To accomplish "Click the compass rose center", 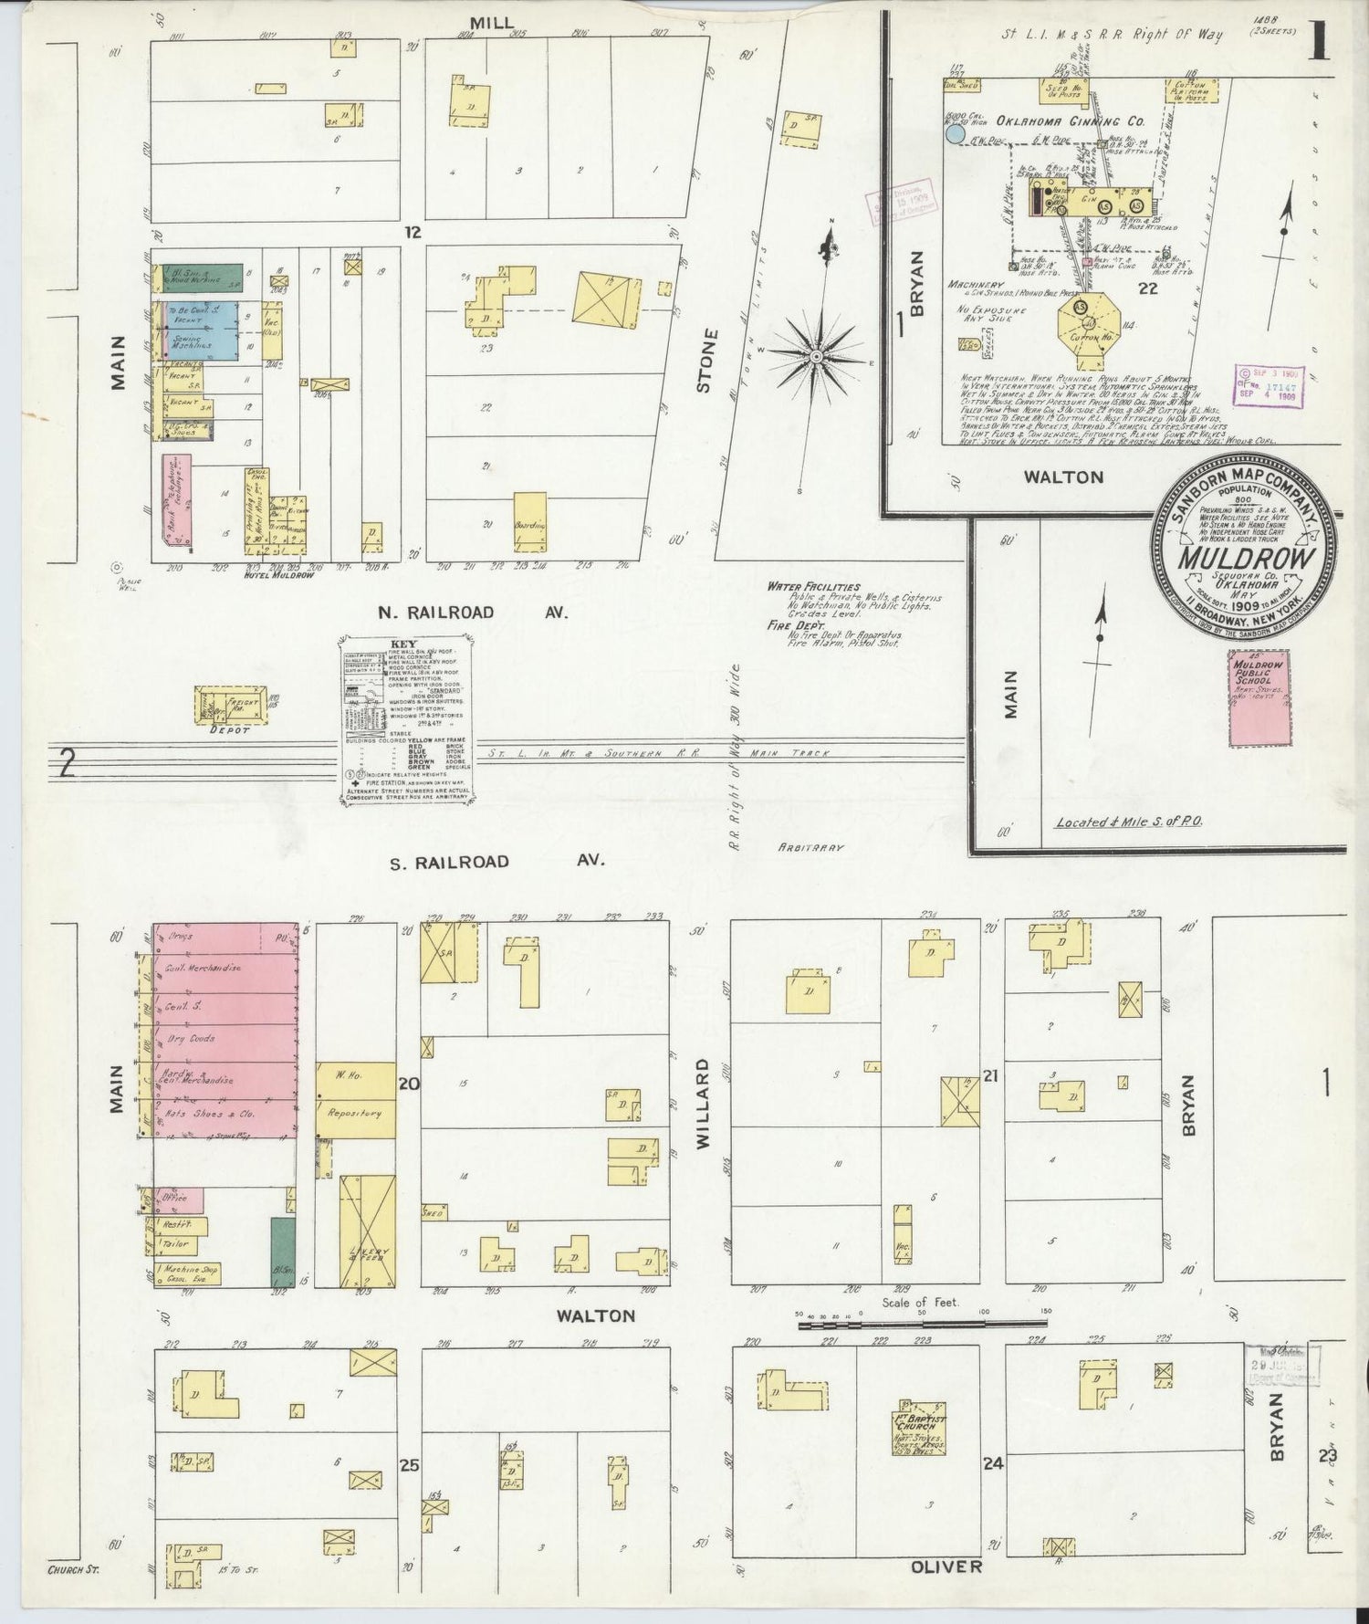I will (817, 355).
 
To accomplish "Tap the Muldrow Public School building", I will (1260, 698).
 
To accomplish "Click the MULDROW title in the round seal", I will (1248, 560).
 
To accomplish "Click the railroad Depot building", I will (229, 706).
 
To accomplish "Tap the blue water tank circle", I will (955, 135).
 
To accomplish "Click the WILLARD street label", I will (704, 1102).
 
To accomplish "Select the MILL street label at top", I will (492, 22).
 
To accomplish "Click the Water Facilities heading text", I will (812, 586).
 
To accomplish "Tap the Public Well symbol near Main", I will (116, 567).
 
